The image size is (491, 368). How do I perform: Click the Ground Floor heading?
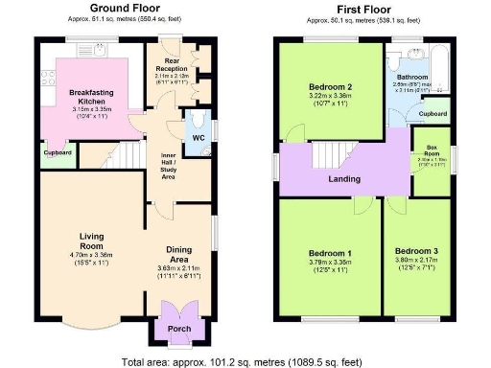(x=125, y=8)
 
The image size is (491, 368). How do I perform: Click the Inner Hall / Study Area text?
(x=173, y=164)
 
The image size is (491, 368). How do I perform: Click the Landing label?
(x=344, y=179)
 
